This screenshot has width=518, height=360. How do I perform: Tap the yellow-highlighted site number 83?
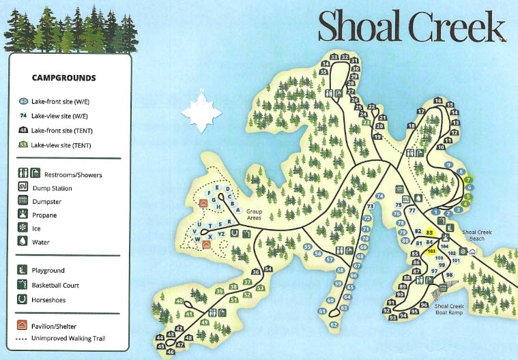tap(430, 233)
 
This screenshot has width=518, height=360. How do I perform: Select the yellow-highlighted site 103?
tap(431, 251)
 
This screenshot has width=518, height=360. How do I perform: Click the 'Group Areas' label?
tap(254, 215)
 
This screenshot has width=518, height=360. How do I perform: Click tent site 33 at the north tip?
tap(334, 57)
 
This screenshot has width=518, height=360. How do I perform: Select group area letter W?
tap(197, 239)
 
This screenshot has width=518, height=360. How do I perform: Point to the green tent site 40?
tap(179, 301)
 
